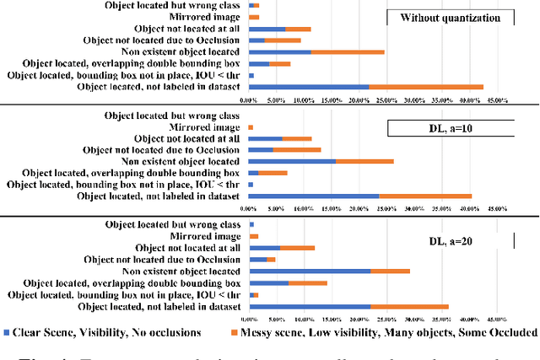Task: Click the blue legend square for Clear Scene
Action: (7, 332)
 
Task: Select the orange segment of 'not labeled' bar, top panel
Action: (426, 86)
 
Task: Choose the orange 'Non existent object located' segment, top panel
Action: (348, 51)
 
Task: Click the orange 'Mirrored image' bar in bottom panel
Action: (254, 236)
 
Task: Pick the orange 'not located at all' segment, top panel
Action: (298, 29)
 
